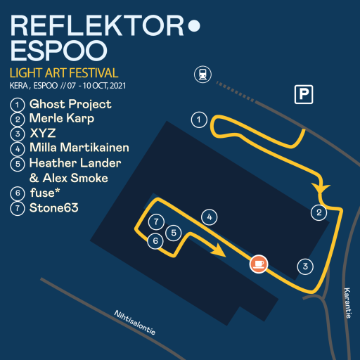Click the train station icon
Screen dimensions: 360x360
coord(202,75)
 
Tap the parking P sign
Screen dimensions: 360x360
coord(304,94)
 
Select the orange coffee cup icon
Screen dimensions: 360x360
coord(259,264)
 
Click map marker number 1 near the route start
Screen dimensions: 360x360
coord(199,120)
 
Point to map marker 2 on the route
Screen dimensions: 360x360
coord(319,212)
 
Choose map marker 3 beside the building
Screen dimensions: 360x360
coord(305,266)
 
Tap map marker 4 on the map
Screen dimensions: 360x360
coord(210,217)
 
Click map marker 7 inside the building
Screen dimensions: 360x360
coord(156,221)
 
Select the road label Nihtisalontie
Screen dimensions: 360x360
coord(135,323)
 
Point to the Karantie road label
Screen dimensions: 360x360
coord(347,303)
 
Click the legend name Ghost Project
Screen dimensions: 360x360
coord(70,104)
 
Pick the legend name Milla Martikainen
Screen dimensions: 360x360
coord(79,148)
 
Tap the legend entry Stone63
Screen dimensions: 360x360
coord(54,208)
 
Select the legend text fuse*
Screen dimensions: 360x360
coord(45,193)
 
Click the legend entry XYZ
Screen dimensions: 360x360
coord(43,133)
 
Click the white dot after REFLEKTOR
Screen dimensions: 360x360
coord(194,25)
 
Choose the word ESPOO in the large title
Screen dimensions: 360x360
coord(58,51)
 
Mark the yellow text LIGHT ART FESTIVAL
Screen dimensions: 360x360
coord(64,73)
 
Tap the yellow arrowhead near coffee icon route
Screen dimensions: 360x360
coord(219,250)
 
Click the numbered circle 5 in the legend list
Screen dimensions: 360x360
coord(18,164)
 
